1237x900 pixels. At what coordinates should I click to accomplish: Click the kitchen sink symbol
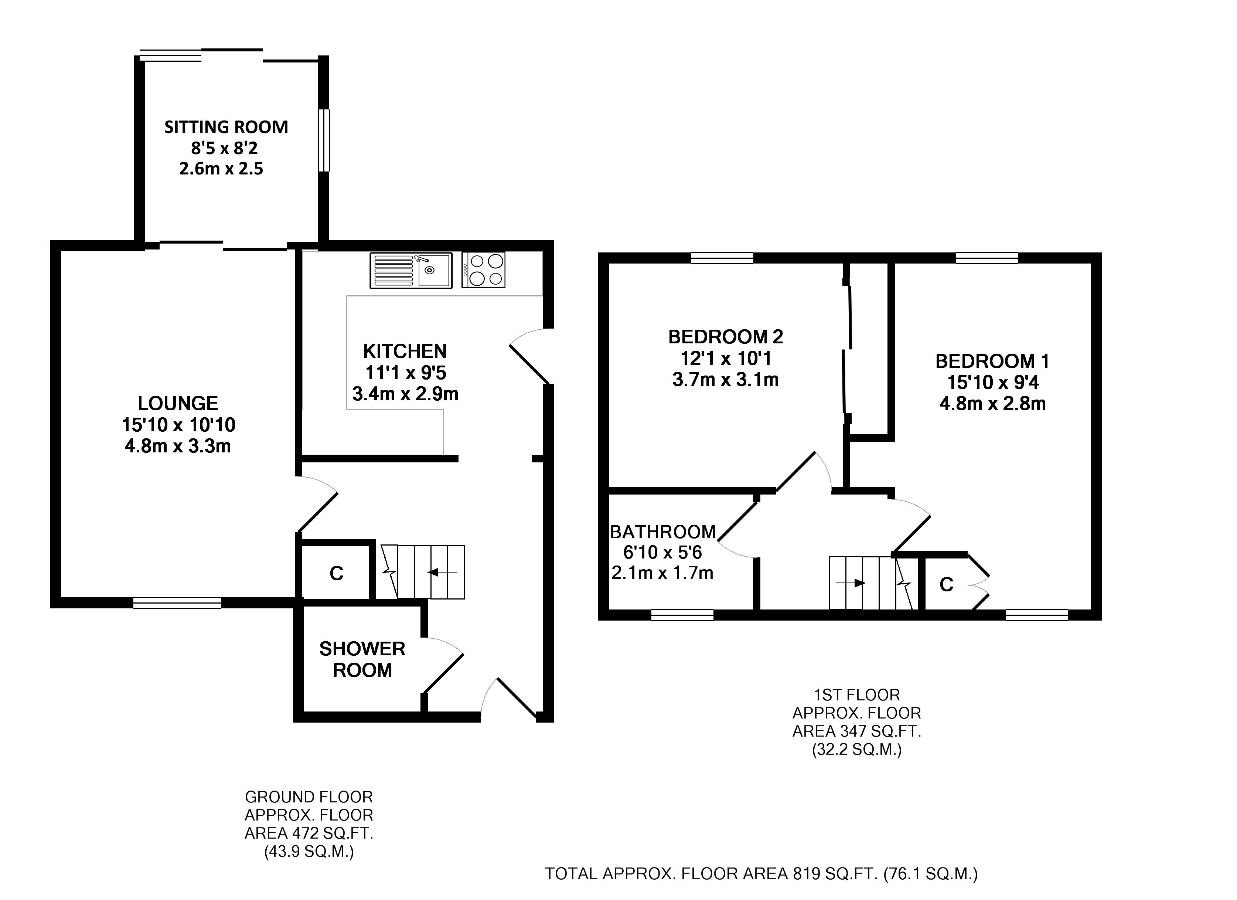coord(411,271)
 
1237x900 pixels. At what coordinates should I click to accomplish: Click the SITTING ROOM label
coord(226,127)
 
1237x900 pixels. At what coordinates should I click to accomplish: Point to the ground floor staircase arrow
coord(442,572)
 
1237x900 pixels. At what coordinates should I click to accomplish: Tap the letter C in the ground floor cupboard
coord(337,573)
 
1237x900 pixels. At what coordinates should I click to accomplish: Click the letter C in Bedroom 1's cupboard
coord(946,585)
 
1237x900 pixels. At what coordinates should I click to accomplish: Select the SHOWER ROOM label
coord(362,659)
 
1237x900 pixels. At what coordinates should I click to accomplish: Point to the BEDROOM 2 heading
coord(725,337)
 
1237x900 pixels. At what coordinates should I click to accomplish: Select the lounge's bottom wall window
coord(177,603)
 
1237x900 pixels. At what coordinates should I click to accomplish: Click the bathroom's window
coord(682,615)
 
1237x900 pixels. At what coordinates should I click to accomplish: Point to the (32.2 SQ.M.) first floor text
coord(856,750)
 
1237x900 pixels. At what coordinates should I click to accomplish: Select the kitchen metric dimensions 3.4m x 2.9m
coord(405,394)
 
